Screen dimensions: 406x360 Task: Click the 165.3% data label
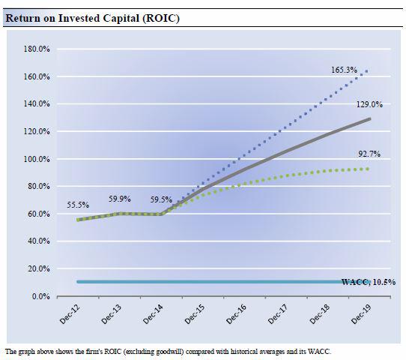click(x=344, y=70)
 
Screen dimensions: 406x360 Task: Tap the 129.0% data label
click(x=369, y=104)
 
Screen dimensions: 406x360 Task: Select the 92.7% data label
click(x=369, y=154)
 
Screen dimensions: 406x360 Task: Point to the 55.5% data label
click(x=78, y=205)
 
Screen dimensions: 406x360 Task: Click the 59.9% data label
click(x=119, y=199)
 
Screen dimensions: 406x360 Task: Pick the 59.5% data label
click(x=161, y=199)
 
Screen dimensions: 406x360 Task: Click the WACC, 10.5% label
click(x=369, y=282)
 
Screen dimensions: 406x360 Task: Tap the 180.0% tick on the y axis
click(x=37, y=49)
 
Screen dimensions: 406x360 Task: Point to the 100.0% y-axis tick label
click(x=37, y=159)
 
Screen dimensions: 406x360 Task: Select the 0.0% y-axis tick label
click(x=41, y=296)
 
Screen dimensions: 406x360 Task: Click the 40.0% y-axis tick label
click(x=39, y=241)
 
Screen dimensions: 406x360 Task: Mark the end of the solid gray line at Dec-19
click(x=370, y=119)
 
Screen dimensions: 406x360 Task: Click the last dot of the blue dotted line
click(x=366, y=71)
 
